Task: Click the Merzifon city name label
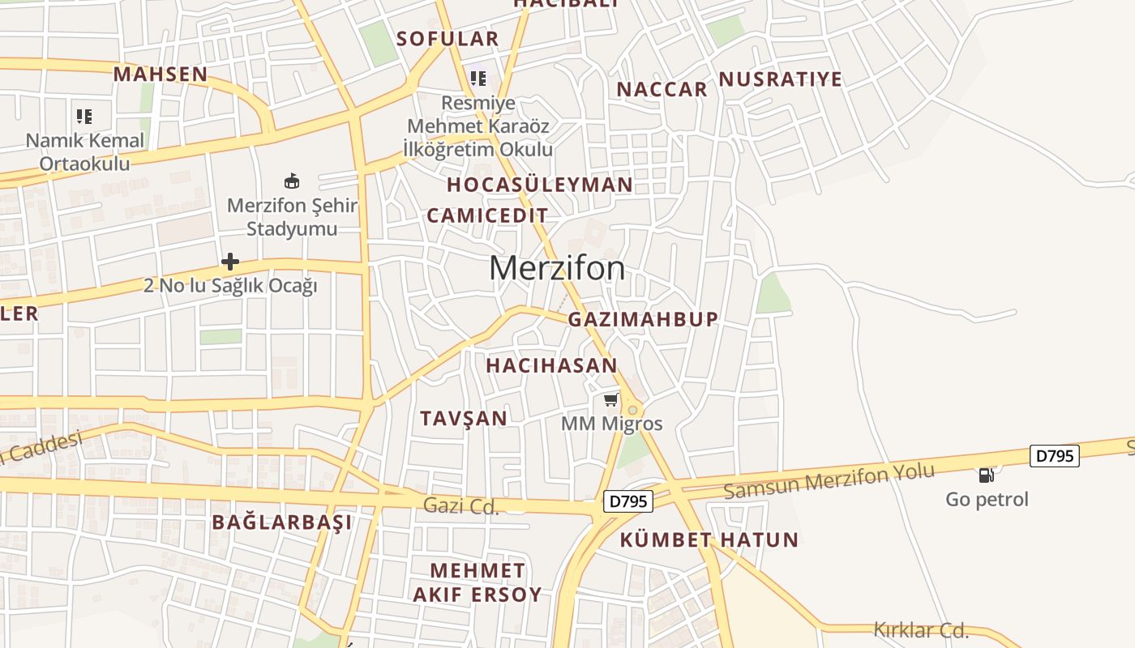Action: pos(557,268)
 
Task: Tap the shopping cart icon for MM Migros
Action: pos(610,400)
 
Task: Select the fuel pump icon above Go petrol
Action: pos(986,475)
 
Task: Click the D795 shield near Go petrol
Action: pos(1055,456)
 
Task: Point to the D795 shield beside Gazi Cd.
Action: pos(628,502)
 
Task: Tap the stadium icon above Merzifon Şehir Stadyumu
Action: pos(292,181)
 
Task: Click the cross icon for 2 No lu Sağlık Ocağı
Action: pos(230,262)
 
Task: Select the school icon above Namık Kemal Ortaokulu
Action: pos(84,117)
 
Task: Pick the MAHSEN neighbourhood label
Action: pos(161,75)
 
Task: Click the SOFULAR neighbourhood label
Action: pos(448,39)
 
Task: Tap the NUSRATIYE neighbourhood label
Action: pos(781,79)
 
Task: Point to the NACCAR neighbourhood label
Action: pos(662,90)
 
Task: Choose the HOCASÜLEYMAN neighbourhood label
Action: pos(540,185)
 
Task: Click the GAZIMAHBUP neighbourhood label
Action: pos(643,319)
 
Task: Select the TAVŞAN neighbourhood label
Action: pos(464,419)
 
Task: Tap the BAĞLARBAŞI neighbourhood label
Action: pos(282,522)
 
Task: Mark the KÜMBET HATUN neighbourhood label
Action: pos(709,539)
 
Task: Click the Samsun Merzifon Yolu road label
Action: pos(829,481)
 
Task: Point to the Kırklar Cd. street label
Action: pos(921,629)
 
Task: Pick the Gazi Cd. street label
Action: pos(460,506)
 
